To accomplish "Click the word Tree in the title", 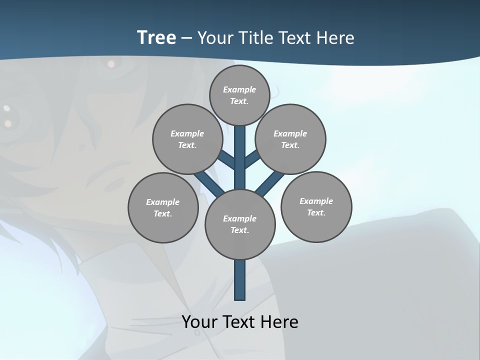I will tap(156, 37).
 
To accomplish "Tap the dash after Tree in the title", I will tap(187, 38).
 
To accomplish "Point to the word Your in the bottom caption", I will tap(199, 321).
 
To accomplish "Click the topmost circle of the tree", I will tap(239, 95).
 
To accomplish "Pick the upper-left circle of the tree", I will tap(187, 139).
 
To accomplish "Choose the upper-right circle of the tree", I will tap(290, 139).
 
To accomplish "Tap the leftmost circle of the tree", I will tap(163, 207).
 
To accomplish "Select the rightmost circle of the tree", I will tap(316, 206).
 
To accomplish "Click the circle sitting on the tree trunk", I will tap(240, 224).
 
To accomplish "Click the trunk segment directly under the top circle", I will tap(240, 150).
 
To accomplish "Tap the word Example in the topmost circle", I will tap(239, 89).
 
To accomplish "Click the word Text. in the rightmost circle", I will tap(316, 212).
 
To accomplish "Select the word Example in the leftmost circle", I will tap(162, 202).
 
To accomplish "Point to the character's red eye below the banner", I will tap(110, 63).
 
